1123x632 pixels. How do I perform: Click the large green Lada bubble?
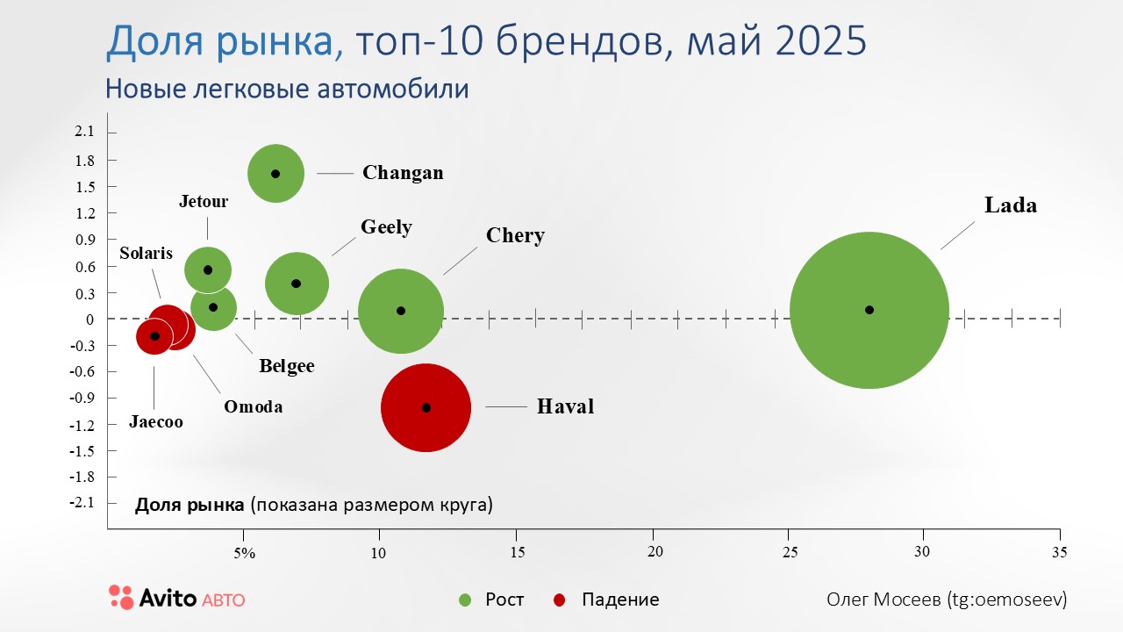(x=869, y=310)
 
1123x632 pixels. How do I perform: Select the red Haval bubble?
(x=426, y=407)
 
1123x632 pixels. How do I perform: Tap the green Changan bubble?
(x=275, y=174)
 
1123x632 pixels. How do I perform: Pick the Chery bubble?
(x=401, y=311)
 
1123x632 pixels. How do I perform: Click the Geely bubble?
(x=297, y=283)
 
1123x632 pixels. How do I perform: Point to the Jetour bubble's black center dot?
(x=208, y=270)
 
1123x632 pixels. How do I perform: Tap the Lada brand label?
(x=1011, y=205)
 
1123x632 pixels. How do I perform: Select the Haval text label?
(x=565, y=407)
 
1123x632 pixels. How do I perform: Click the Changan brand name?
(x=403, y=173)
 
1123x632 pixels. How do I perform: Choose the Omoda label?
(x=253, y=407)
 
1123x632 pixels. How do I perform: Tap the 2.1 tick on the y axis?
(x=84, y=132)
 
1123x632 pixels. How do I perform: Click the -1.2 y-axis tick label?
(x=82, y=425)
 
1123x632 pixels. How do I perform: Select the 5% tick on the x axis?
(x=244, y=553)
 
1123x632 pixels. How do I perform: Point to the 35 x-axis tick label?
(x=1060, y=553)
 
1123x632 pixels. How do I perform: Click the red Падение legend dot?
(x=560, y=600)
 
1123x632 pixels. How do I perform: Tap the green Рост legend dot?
(x=465, y=600)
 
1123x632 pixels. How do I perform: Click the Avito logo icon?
(x=121, y=597)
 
